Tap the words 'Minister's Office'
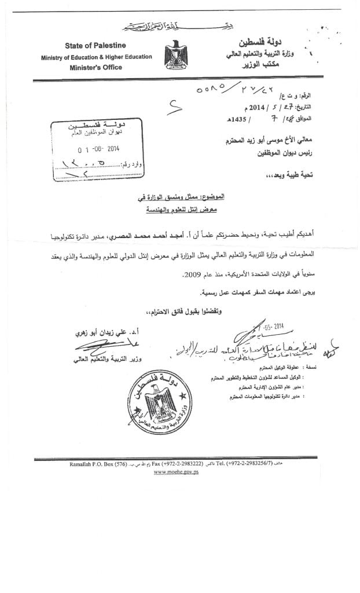point(97,67)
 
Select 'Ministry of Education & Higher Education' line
point(97,57)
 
